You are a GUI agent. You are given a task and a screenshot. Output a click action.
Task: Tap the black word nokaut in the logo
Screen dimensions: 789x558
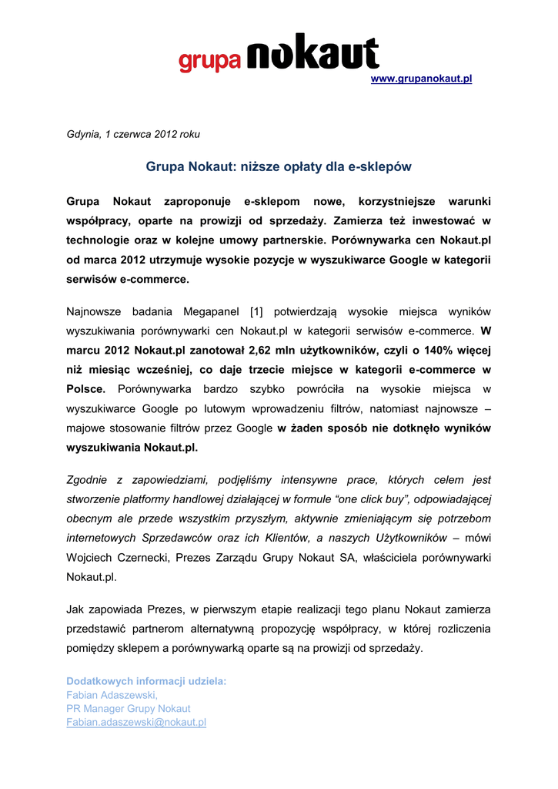312,54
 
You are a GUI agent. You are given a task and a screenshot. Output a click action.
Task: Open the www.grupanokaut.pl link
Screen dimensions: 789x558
421,79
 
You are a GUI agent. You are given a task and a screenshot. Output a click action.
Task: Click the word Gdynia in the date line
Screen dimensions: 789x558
83,134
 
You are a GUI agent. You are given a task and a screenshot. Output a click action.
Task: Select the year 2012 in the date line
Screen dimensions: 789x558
166,134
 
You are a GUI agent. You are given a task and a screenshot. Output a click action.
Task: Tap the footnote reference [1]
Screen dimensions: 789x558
257,311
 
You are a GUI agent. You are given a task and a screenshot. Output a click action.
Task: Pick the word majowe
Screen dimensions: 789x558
87,428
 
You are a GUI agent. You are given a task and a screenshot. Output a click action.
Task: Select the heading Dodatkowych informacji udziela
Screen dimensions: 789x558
146,681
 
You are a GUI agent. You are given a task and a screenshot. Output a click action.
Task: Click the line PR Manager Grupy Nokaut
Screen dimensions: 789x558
129,708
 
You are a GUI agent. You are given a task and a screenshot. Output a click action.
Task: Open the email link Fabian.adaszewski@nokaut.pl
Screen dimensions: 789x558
136,722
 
